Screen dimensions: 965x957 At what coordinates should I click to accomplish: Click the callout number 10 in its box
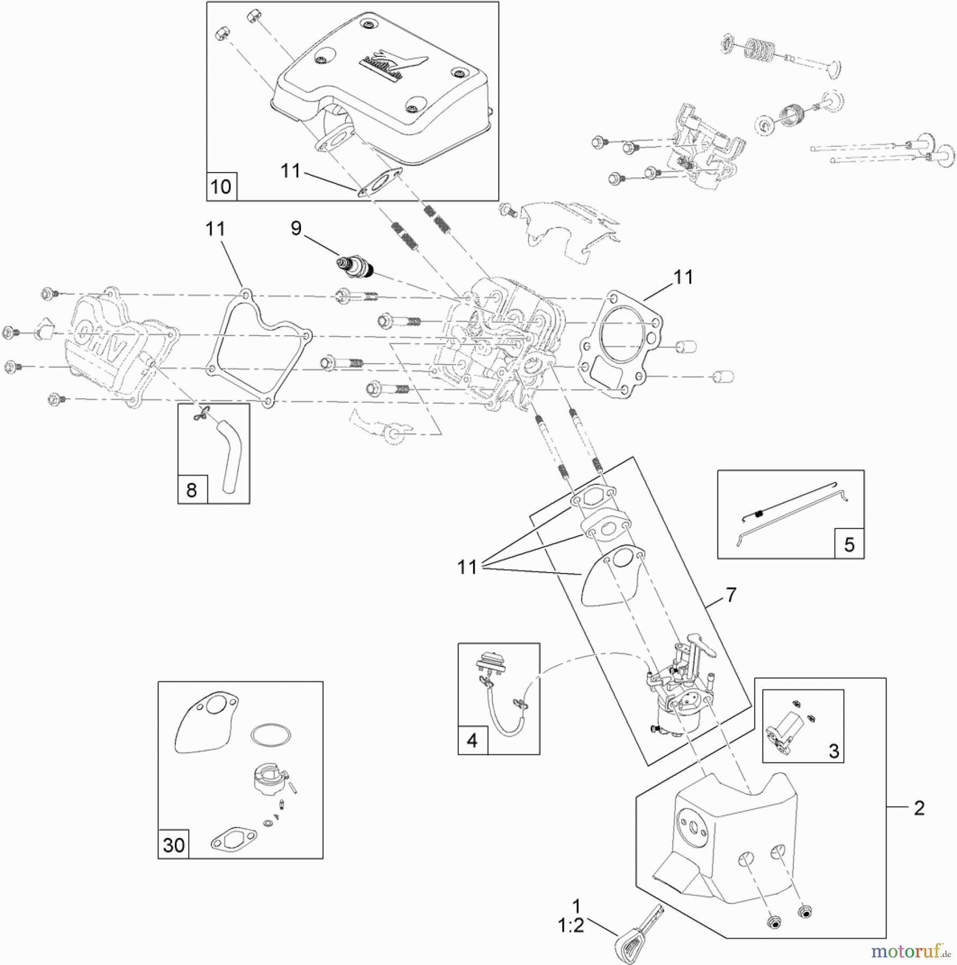point(221,187)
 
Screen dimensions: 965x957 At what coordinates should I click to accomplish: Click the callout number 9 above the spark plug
point(296,228)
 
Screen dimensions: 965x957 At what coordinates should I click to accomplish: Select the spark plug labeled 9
point(354,266)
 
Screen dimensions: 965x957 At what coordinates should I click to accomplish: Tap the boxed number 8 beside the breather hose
point(192,489)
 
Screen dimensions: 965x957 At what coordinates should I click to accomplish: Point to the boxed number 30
point(173,845)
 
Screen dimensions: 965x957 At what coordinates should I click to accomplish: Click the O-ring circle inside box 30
point(271,734)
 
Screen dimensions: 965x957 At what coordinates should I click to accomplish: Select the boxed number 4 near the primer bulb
point(472,740)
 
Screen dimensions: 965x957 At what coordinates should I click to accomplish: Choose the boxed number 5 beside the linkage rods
point(849,544)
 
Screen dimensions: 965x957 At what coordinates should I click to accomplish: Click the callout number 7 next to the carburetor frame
point(731,595)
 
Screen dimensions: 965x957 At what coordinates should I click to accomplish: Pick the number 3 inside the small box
point(834,751)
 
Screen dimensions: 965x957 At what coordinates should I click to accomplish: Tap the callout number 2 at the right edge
point(919,808)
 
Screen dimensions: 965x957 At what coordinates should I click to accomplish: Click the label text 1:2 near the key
point(570,925)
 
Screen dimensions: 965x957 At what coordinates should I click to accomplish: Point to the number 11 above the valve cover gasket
point(215,229)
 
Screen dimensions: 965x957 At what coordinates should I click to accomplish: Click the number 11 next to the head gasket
point(683,277)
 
